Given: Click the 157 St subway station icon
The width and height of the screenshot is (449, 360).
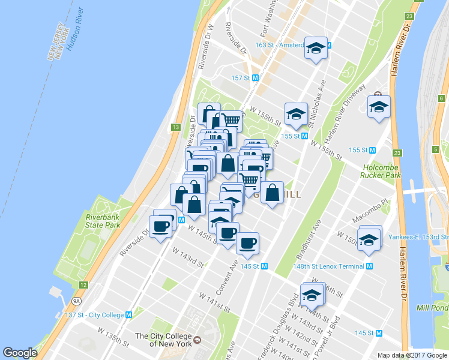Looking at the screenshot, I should click(255, 78).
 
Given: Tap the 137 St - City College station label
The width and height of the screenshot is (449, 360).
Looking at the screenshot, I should click(94, 315).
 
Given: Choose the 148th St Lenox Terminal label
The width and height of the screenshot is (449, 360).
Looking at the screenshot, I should click(329, 266).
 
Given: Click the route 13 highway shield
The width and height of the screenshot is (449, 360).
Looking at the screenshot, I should click(176, 127).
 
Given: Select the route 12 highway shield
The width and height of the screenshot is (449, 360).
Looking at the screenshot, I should click(83, 284).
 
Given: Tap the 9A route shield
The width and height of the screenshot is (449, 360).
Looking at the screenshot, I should click(76, 301).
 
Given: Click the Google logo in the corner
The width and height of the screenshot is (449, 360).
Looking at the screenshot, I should click(20, 353).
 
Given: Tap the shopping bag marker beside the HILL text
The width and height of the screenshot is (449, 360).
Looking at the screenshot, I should click(272, 193).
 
